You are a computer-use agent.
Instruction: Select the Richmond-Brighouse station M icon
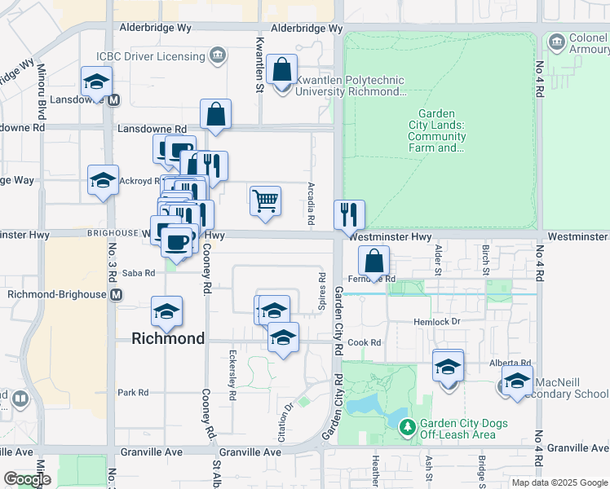117,293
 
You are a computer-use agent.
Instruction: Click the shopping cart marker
265,200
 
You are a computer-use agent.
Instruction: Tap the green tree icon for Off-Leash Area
409,425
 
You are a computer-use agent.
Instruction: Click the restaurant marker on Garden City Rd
349,215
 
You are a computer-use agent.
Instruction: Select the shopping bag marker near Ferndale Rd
374,262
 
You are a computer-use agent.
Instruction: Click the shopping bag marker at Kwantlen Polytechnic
282,71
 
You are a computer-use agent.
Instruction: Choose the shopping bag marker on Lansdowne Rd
215,116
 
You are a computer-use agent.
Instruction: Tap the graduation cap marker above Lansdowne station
96,82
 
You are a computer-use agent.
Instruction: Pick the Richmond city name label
169,338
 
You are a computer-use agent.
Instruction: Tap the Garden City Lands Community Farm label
437,131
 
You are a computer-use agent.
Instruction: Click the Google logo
26,479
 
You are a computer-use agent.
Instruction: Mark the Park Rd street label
132,392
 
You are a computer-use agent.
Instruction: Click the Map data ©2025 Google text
559,482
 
